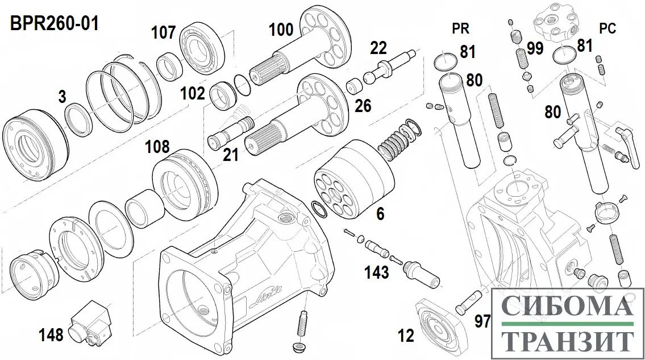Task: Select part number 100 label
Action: point(281,30)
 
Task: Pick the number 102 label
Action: point(193,93)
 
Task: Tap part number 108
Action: point(157,147)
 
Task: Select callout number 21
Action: point(231,155)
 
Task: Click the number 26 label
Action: point(364,105)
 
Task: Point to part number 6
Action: point(380,214)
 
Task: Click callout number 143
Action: point(377,272)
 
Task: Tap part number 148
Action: point(52,335)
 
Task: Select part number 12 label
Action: point(406,336)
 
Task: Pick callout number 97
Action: point(482,321)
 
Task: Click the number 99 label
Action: point(535,48)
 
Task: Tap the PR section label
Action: point(460,28)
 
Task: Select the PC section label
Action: point(607,28)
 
